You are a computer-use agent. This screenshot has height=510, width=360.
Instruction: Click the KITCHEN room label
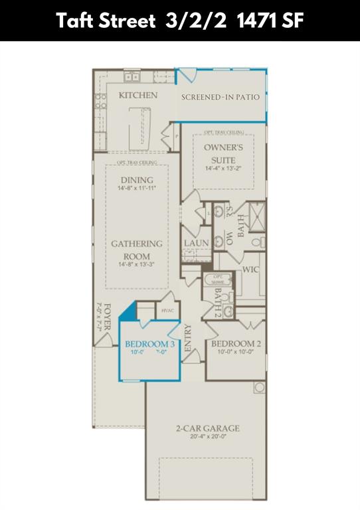coord(137,96)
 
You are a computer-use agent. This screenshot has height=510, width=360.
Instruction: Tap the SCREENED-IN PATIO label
coord(221,97)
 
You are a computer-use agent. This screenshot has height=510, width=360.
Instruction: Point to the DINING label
coord(137,180)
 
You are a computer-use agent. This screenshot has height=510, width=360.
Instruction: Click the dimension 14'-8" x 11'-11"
coord(137,189)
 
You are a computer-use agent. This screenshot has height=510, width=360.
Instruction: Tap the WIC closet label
coord(250,270)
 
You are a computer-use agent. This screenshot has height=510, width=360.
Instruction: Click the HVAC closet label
coord(167,309)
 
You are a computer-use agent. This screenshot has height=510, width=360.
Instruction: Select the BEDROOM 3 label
coord(149,344)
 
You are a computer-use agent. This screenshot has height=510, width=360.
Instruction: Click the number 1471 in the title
coord(256,21)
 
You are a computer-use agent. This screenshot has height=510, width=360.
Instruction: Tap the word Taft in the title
coord(74,21)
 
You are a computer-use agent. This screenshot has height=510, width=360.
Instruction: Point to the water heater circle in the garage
coord(258,387)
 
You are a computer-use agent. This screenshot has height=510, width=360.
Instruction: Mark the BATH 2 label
coord(217,302)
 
